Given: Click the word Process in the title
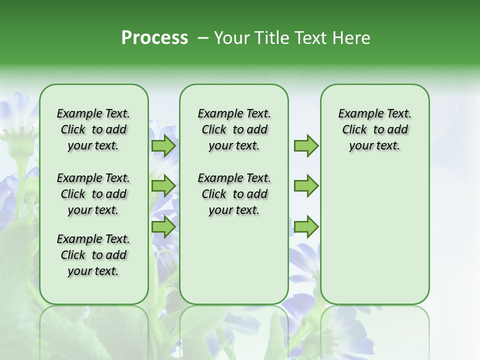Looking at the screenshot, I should coord(154,38).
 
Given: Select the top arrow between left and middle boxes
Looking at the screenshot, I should coord(163,146).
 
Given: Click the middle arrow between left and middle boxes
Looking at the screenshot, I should coord(163,186).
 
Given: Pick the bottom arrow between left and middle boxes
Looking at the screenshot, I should coord(163,227).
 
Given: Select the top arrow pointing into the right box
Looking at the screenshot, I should coord(306,146).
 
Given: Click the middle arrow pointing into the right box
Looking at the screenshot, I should coord(306,186).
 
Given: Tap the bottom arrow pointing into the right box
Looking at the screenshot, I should coord(306,227).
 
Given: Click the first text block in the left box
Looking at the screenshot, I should coord(93,129).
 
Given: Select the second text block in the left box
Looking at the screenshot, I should coord(93,194).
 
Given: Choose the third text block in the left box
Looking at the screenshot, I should coord(93,255).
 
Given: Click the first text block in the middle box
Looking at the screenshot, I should coord(234,129).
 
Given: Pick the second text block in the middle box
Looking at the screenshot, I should coord(234,194).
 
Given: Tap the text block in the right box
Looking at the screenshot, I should coord(374,129).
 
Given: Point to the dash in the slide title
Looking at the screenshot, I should coord(203,38).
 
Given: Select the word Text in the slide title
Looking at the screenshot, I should coord(310,38).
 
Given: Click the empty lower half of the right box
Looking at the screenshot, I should coord(374,240).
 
